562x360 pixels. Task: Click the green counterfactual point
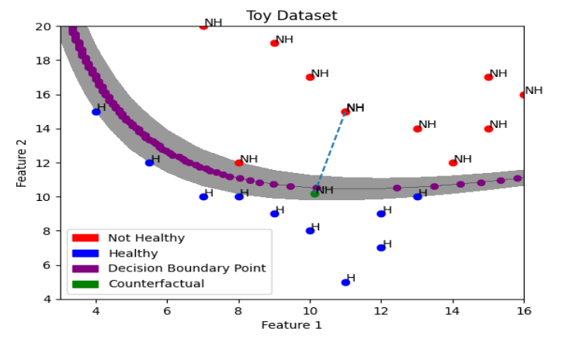click(x=314, y=193)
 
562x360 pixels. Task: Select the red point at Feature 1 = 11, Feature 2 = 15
click(x=345, y=112)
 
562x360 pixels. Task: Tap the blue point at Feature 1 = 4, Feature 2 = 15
click(x=96, y=112)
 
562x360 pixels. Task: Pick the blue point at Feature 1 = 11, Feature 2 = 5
click(x=345, y=282)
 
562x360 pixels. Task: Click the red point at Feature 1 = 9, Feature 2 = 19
click(x=274, y=43)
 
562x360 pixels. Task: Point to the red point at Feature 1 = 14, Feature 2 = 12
click(x=453, y=163)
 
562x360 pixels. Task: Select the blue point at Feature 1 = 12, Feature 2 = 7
click(x=381, y=247)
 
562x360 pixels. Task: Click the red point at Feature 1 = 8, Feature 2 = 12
click(x=239, y=163)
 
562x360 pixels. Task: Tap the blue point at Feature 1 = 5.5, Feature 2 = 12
click(x=149, y=163)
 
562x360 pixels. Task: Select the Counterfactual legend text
click(x=156, y=283)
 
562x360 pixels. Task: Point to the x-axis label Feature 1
click(x=291, y=324)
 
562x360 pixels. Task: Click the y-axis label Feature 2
click(x=22, y=162)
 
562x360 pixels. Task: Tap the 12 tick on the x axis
click(x=381, y=310)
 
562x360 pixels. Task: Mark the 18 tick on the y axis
click(x=44, y=61)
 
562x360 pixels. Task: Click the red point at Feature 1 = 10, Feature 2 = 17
click(x=310, y=77)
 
